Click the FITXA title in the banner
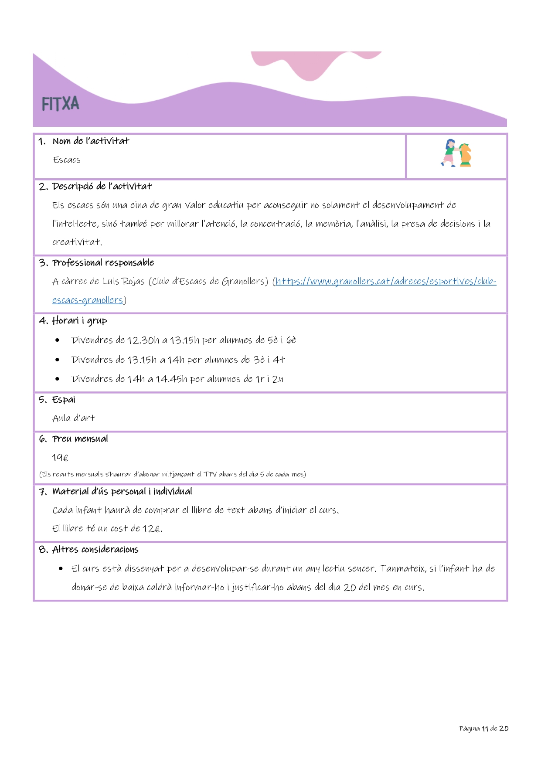pos(61,104)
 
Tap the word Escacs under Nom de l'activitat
pos(67,160)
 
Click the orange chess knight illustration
pos(465,155)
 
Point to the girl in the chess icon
pos(449,153)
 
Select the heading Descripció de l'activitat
pos(102,187)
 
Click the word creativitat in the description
pos(77,242)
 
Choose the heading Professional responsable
pos(103,263)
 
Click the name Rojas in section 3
pos(133,282)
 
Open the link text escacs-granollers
pos(88,300)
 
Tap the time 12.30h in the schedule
pos(143,340)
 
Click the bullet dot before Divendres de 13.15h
pos(58,360)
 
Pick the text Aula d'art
pos(74,418)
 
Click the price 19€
pos(60,458)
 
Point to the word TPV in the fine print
pos(210,474)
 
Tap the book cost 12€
pos(151,529)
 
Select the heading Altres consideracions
pos(95,550)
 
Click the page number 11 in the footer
pos(485,728)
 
